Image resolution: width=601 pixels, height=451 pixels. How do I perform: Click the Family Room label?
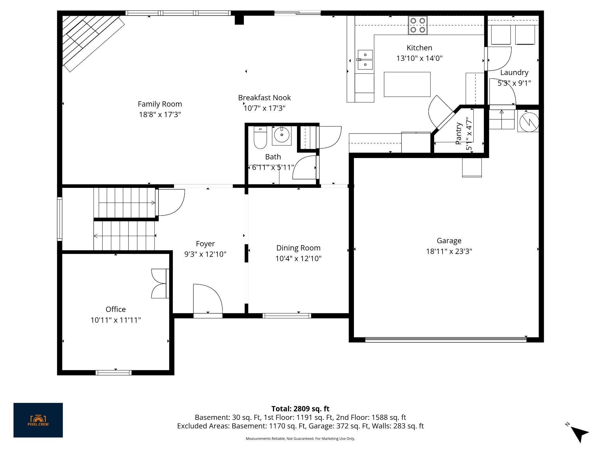pos(160,104)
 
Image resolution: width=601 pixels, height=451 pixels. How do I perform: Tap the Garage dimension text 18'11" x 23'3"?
pos(449,251)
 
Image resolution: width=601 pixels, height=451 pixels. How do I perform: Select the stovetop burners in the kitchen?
pos(418,25)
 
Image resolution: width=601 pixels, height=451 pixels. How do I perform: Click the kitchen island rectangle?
pos(407,84)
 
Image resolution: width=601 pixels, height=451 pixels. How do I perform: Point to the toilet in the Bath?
pos(260,137)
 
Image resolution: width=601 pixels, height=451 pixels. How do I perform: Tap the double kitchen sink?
pos(365,60)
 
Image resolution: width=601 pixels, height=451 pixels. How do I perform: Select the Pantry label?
pos(458,134)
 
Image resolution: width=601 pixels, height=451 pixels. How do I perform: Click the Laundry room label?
pos(514,73)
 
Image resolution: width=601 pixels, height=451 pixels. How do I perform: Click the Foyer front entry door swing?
pos(208,299)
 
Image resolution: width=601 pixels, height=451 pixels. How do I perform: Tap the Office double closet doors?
pos(159,284)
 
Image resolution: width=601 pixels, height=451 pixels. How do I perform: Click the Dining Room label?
pos(298,248)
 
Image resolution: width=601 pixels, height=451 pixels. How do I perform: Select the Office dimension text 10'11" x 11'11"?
pos(116,320)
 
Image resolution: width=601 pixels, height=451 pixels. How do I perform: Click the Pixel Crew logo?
pos(38,420)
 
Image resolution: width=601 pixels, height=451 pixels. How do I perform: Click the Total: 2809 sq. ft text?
pos(300,409)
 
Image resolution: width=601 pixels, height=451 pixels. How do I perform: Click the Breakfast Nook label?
pos(264,98)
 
